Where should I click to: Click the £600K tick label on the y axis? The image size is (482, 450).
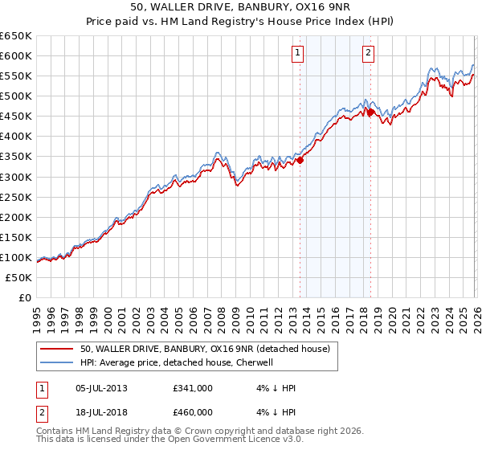pyautogui.click(x=16, y=55)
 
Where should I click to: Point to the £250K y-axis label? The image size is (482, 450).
pyautogui.click(x=16, y=197)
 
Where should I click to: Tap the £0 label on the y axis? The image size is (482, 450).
pyautogui.click(x=24, y=297)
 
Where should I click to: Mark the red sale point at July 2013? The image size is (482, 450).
pyautogui.click(x=300, y=160)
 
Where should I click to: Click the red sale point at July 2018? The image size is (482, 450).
pyautogui.click(x=370, y=112)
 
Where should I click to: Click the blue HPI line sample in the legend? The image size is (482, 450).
pyautogui.click(x=57, y=362)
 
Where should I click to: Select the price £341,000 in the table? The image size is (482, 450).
pyautogui.click(x=193, y=388)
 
